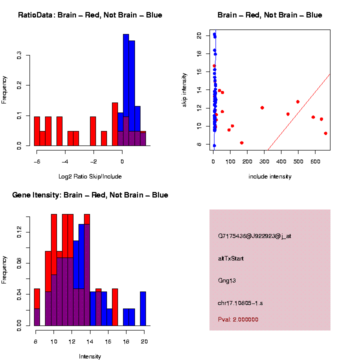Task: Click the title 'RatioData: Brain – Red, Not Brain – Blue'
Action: point(90,15)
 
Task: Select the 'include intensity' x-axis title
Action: point(269,176)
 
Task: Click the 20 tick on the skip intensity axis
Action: point(199,36)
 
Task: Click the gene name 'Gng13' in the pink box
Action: point(227,280)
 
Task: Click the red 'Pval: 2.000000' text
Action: point(238,319)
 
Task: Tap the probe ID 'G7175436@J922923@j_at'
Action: point(254,236)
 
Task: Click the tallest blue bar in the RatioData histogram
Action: point(126,90)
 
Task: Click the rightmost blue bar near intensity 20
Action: point(143,308)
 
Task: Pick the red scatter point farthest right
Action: point(325,133)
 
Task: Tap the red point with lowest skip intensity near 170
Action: point(241,143)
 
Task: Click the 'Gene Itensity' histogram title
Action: point(90,195)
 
